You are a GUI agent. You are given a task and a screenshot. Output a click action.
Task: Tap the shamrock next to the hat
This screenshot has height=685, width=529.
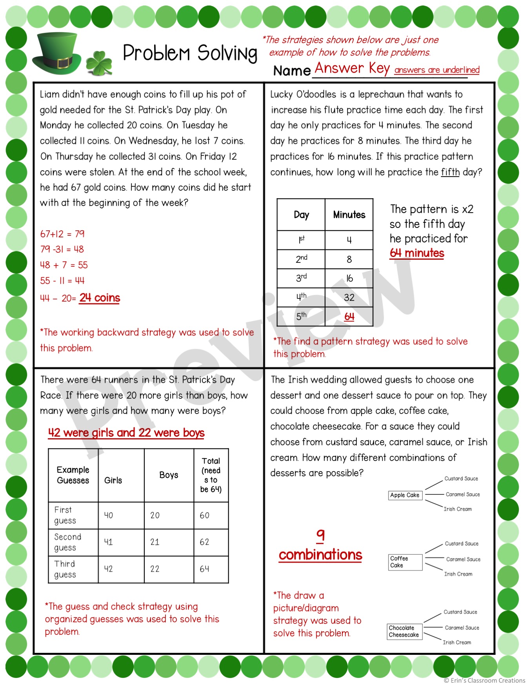pyautogui.click(x=99, y=63)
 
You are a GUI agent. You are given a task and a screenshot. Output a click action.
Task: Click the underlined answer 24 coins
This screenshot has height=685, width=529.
pyautogui.click(x=100, y=298)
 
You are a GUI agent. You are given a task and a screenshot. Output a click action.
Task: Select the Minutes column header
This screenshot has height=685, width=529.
pyautogui.click(x=349, y=215)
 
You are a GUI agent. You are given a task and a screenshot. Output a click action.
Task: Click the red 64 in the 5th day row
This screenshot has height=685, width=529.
pyautogui.click(x=349, y=317)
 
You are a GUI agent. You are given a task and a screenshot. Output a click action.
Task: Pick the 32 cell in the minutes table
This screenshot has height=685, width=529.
pyautogui.click(x=349, y=297)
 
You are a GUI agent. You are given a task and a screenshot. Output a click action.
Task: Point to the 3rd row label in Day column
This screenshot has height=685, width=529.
pyautogui.click(x=301, y=278)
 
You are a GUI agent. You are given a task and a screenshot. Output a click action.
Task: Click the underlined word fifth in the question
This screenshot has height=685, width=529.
pyautogui.click(x=450, y=172)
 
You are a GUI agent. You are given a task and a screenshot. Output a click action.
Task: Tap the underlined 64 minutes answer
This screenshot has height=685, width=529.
pyautogui.click(x=417, y=253)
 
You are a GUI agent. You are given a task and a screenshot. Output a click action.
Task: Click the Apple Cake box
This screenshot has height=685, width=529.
pyautogui.click(x=405, y=495)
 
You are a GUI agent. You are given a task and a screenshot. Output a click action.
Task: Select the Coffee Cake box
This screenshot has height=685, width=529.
pyautogui.click(x=405, y=562)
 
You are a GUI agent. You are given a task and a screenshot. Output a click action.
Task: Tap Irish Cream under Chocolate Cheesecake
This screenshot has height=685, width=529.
pyautogui.click(x=457, y=642)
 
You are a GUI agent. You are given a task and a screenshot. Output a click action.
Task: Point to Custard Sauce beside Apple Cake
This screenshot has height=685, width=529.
pyautogui.click(x=461, y=479)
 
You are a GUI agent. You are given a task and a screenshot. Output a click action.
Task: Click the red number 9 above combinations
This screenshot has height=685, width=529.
pyautogui.click(x=320, y=535)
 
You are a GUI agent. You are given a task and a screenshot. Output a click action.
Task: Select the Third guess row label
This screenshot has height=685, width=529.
pyautogui.click(x=65, y=569)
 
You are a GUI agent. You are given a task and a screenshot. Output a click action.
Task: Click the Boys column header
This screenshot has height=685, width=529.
pyautogui.click(x=169, y=475)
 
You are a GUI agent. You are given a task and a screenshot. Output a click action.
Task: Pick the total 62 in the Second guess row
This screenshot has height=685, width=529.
pyautogui.click(x=204, y=542)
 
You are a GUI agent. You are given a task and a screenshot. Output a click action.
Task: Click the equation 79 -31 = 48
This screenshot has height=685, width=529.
pyautogui.click(x=62, y=249)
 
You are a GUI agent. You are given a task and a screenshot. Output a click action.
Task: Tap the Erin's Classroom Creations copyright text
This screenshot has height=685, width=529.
pyautogui.click(x=484, y=680)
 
